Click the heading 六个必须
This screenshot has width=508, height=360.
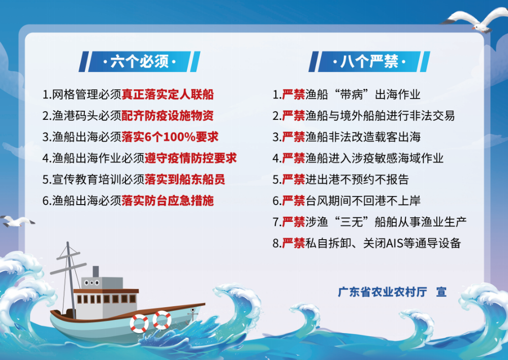point(140,61)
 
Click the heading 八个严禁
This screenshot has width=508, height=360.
point(369,61)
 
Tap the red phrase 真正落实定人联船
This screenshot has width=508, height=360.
point(168,94)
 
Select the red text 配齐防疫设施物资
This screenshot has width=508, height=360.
point(168,116)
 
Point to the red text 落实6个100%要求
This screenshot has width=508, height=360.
point(170,137)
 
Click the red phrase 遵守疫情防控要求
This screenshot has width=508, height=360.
point(191,158)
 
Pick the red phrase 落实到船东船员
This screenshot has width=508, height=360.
point(185,179)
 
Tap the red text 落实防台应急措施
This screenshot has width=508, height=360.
point(168,201)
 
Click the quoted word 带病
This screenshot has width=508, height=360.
point(352,94)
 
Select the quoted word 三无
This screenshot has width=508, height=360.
point(352,222)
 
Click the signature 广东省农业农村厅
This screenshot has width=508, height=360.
point(383,292)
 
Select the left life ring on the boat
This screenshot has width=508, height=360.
point(139,323)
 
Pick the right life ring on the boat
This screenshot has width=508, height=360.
point(162,320)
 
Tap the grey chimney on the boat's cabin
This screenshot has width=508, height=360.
point(96,272)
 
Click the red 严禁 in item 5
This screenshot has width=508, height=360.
point(294,179)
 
